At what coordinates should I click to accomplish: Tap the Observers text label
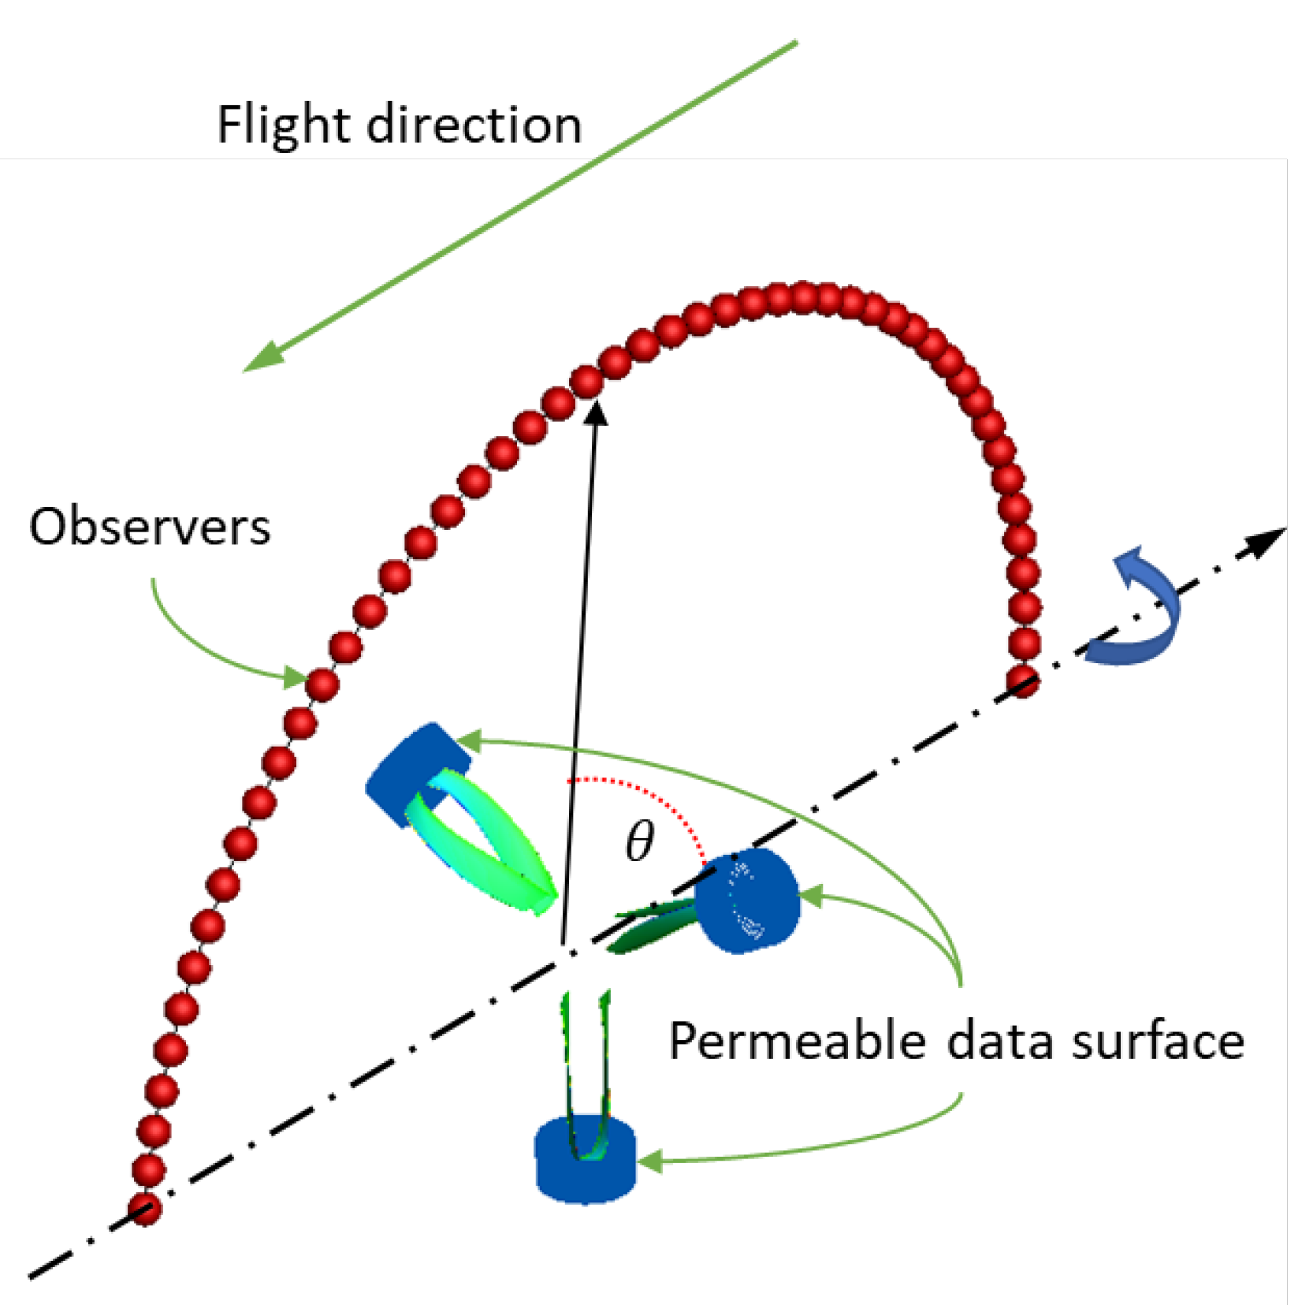click(x=150, y=526)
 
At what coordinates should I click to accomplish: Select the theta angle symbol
click(x=639, y=841)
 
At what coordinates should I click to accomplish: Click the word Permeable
click(x=797, y=1041)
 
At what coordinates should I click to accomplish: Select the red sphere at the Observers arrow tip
click(x=322, y=684)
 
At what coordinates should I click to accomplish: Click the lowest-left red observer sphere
click(x=145, y=1208)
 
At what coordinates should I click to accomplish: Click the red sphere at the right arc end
click(x=1022, y=680)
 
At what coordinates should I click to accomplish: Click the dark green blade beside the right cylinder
click(x=650, y=930)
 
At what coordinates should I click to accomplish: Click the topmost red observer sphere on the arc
click(x=804, y=297)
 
